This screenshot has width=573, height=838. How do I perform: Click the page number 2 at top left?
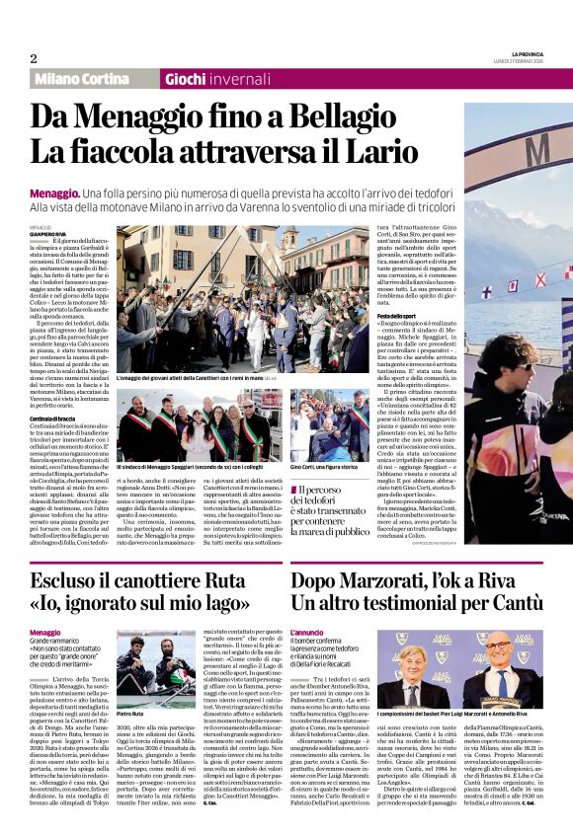pyautogui.click(x=33, y=58)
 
